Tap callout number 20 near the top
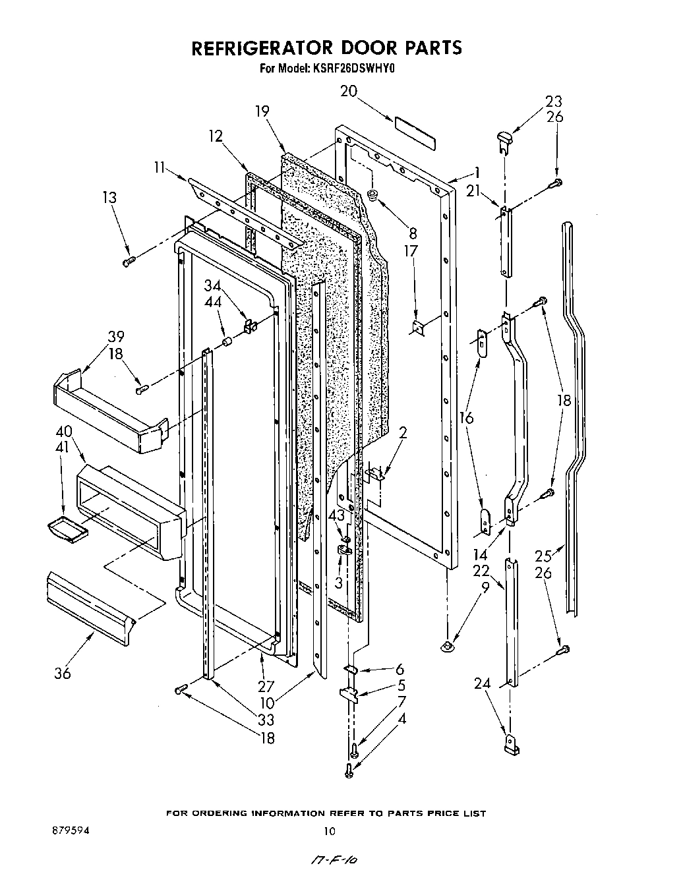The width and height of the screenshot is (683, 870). [349, 92]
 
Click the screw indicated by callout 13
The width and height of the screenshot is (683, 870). [129, 262]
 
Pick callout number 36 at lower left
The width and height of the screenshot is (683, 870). [63, 673]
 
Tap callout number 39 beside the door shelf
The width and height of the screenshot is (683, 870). [115, 337]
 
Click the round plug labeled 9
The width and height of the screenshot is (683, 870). [447, 646]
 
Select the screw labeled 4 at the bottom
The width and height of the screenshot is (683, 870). [349, 768]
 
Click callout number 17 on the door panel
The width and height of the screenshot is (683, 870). [411, 250]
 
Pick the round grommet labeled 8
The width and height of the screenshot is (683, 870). [373, 195]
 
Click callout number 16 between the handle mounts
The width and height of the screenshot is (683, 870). [467, 417]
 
